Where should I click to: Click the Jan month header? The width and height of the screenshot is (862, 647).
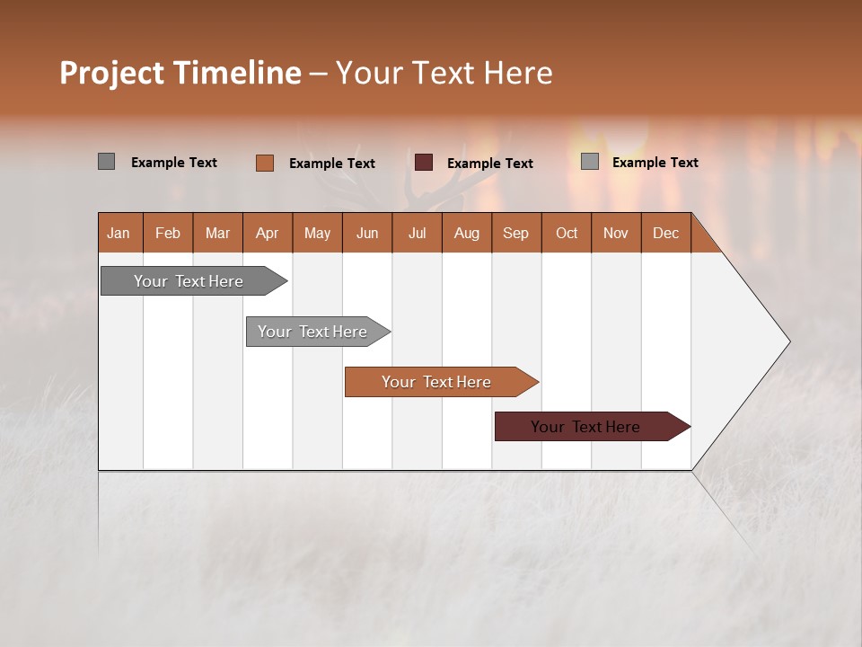tap(119, 233)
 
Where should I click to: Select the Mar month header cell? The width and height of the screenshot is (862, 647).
tap(217, 233)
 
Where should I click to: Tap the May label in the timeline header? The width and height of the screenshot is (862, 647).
tap(317, 233)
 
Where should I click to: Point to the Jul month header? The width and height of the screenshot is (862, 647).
tap(417, 233)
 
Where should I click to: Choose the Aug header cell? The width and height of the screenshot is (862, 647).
tap(466, 233)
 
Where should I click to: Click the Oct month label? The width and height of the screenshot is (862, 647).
tap(567, 233)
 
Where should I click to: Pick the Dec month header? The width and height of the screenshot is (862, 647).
tap(665, 233)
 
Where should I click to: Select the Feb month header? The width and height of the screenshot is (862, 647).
tap(168, 233)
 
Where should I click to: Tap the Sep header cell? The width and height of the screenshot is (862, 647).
tap(515, 233)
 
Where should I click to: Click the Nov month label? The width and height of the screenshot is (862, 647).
tap(616, 233)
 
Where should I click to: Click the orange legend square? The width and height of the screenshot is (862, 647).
tap(264, 163)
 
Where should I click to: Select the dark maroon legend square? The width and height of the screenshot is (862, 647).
tap(424, 163)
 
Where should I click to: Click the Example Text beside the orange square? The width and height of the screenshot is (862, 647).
tap(331, 164)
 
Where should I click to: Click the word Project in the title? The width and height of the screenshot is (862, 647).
tap(111, 73)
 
